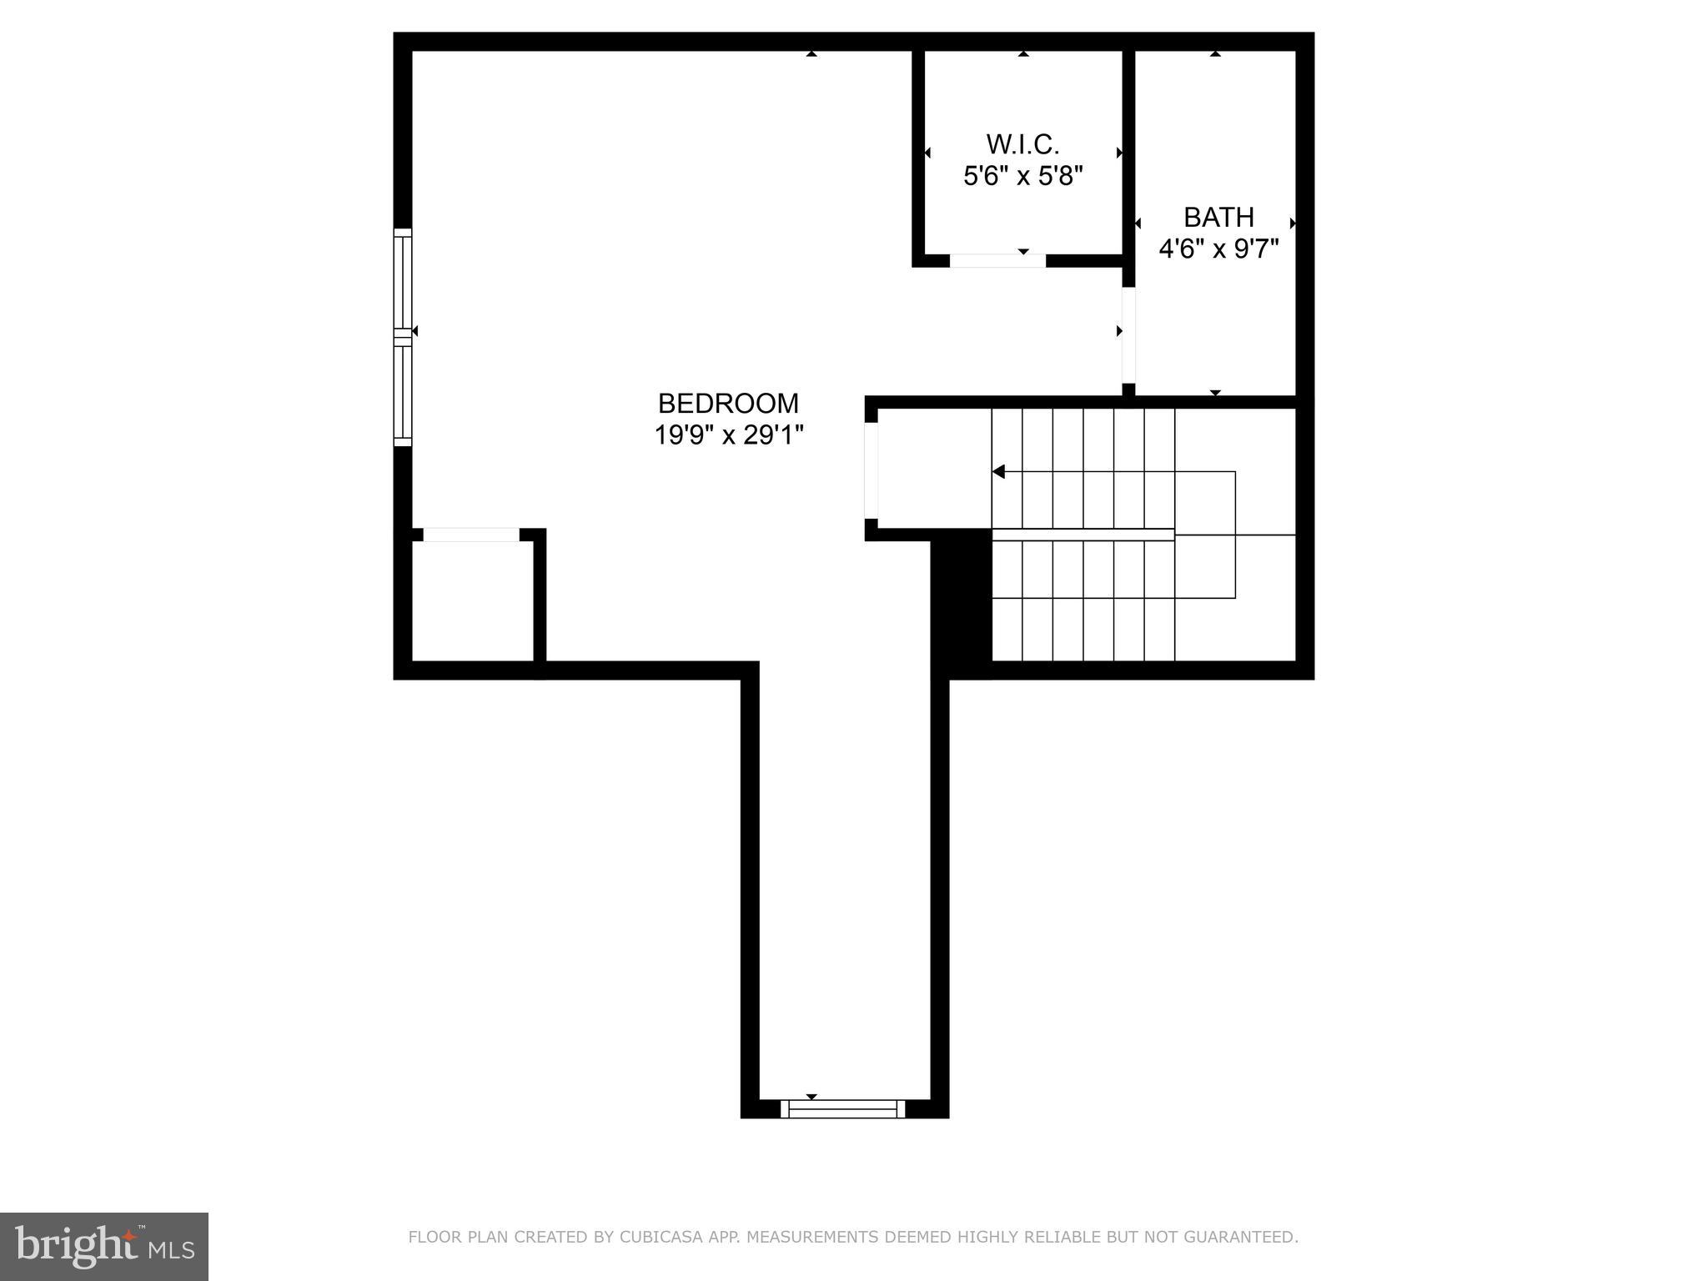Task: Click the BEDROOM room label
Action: pos(728,404)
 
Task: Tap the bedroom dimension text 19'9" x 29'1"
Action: pos(728,435)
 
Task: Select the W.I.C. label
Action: pos(1022,145)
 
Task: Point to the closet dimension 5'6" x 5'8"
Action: pos(1022,177)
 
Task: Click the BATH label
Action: pos(1218,218)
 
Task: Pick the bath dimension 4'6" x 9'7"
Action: pos(1218,249)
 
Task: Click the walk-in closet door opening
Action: pos(997,261)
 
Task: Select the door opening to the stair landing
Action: pos(872,470)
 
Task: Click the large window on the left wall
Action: pos(403,337)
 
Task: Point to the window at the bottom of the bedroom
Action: pos(842,1108)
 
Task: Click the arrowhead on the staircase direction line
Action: pos(998,472)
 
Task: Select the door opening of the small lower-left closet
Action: pos(471,535)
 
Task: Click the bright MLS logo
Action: pos(104,1246)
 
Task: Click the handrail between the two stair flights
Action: pos(1083,535)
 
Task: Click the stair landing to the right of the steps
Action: pos(1264,534)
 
